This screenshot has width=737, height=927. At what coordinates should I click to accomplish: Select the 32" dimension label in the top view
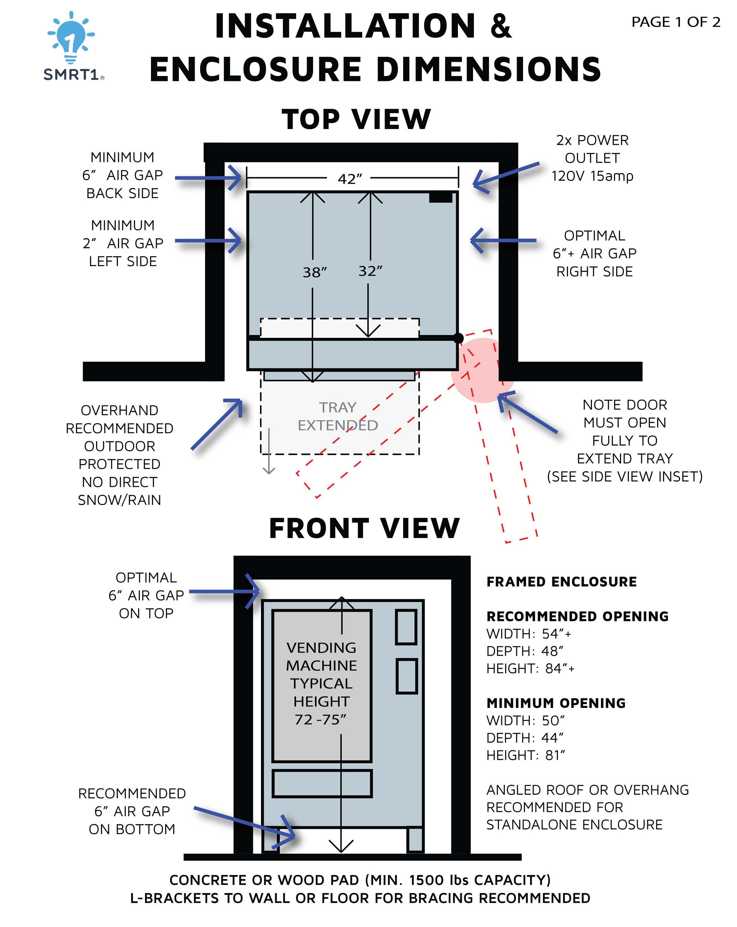pos(370,271)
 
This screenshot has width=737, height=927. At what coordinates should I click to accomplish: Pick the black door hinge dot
pos(458,338)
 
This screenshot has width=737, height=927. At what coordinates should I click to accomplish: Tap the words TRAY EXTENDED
pos(338,416)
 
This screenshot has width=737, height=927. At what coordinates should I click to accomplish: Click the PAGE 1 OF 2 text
pos(675,22)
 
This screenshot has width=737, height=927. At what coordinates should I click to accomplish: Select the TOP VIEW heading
pos(356,119)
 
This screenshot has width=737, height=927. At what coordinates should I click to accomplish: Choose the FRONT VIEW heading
pos(364,529)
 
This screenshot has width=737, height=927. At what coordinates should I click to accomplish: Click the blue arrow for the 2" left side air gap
pos(209,241)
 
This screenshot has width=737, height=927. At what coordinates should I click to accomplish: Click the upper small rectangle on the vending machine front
pos(406,627)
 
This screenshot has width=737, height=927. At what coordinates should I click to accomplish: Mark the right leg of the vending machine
pos(415,839)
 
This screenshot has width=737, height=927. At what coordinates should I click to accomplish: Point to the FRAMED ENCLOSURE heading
pos(561,582)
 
